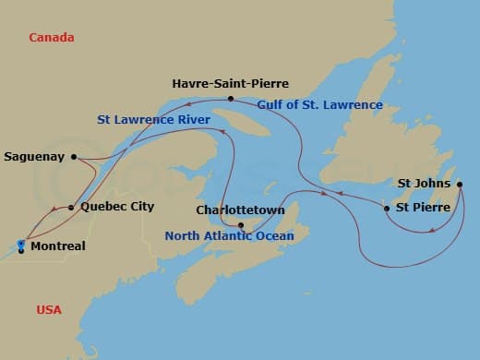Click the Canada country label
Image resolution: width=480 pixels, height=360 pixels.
(52, 38)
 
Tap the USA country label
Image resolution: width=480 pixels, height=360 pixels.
(49, 309)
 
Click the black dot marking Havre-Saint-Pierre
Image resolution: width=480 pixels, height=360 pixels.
(231, 99)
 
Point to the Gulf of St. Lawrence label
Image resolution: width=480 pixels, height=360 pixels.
(319, 104)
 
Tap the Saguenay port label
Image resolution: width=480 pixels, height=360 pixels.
(34, 156)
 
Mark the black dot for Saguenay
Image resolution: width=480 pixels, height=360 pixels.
(75, 157)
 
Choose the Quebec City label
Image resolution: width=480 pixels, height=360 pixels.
(116, 207)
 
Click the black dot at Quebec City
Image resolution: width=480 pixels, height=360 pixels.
(71, 208)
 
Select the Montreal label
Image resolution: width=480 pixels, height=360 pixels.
(57, 246)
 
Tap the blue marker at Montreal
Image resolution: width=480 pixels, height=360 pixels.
(20, 246)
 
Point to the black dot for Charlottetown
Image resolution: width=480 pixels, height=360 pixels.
(240, 225)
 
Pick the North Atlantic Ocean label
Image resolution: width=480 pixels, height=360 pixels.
(229, 236)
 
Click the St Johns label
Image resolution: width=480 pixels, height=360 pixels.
(424, 183)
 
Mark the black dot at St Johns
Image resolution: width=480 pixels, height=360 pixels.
(459, 184)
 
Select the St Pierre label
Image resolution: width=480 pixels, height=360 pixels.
(423, 208)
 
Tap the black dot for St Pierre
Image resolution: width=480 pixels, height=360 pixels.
(387, 209)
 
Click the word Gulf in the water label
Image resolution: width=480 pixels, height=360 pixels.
(272, 104)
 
